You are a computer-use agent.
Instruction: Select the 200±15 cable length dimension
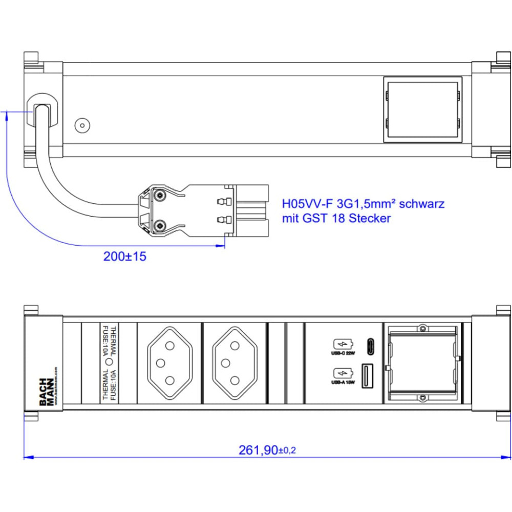124,257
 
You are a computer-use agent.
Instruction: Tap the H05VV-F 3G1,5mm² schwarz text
364,204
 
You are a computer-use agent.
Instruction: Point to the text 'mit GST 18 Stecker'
336,219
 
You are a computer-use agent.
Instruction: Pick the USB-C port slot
370,347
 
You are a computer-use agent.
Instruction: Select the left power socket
169,363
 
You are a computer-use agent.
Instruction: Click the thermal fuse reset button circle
109,361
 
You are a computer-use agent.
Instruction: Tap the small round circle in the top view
81,125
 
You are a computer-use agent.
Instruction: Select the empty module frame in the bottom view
422,362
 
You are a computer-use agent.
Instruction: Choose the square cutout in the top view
421,109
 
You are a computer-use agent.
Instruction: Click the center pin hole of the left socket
160,363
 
